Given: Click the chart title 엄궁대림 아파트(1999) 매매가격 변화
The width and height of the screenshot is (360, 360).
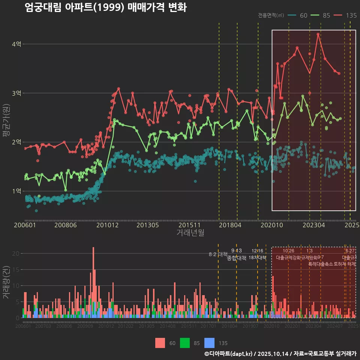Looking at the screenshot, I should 105,7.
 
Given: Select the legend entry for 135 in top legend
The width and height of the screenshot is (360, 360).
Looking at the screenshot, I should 345,15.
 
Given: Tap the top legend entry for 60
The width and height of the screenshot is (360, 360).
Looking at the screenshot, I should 298,15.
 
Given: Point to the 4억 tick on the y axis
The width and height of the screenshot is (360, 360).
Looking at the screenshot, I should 16,44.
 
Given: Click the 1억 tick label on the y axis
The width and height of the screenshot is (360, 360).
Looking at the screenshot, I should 16,191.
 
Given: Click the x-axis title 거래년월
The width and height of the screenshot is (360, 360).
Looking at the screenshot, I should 190,233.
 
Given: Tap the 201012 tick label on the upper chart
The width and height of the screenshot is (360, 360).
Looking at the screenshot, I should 106,225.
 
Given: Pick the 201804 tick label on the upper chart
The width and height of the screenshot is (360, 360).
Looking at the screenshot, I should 230,225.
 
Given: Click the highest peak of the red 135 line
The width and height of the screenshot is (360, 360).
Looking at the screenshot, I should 318,34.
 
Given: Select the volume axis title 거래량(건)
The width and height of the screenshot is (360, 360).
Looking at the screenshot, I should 6,282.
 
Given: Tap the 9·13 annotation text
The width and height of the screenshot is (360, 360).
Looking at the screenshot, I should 236,250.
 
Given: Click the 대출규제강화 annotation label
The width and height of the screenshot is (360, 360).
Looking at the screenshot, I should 288,258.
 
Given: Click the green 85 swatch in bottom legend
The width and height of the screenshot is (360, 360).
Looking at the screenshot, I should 185,343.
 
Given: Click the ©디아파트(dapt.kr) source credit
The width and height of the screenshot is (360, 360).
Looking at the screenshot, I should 228,354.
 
